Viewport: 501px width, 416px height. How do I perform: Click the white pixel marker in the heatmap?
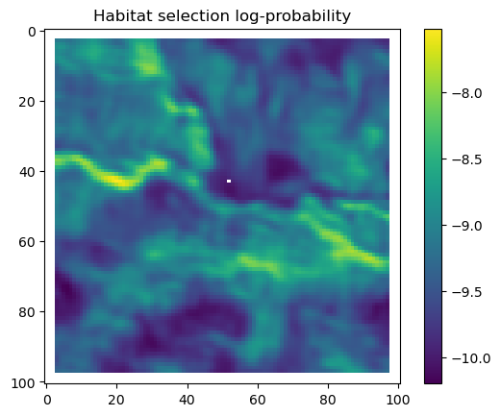pyautogui.click(x=229, y=181)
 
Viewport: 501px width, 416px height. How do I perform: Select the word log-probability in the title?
pyautogui.click(x=292, y=16)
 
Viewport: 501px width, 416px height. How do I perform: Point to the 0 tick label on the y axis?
pyautogui.click(x=32, y=32)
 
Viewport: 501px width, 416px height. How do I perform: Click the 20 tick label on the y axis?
pyautogui.click(x=27, y=102)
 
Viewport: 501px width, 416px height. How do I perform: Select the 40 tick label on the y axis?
pyautogui.click(x=27, y=172)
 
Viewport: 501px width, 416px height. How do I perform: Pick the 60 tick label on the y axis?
pyautogui.click(x=27, y=242)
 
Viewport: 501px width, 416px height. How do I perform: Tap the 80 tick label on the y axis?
pyautogui.click(x=27, y=312)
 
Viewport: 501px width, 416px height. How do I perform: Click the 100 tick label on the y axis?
pyautogui.click(x=23, y=382)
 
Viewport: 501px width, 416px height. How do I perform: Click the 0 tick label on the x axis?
pyautogui.click(x=47, y=400)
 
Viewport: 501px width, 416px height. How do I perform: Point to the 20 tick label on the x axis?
pyautogui.click(x=116, y=400)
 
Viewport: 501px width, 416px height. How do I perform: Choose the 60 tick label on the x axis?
pyautogui.click(x=258, y=400)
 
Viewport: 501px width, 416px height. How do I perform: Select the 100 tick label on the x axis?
pyautogui.click(x=397, y=400)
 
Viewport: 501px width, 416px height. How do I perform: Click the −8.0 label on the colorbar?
pyautogui.click(x=466, y=93)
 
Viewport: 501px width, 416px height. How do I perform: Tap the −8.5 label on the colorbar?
pyautogui.click(x=466, y=159)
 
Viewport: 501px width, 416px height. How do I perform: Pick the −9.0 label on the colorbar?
pyautogui.click(x=466, y=226)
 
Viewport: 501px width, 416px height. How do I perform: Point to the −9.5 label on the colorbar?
pyautogui.click(x=466, y=292)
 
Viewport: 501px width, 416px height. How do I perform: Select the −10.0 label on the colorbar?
pyautogui.click(x=471, y=358)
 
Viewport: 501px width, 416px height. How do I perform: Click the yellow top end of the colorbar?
pyautogui.click(x=433, y=30)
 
